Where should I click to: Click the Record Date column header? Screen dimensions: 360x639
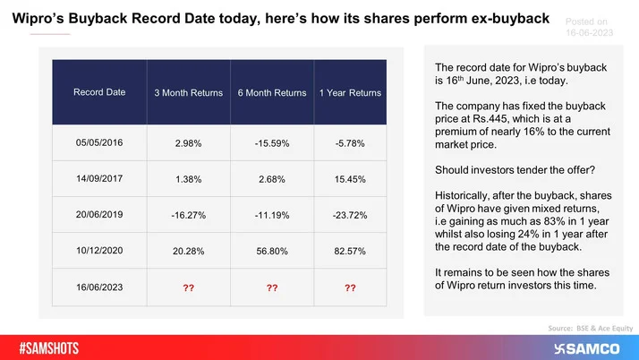(x=100, y=92)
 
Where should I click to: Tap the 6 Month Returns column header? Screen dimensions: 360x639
(x=272, y=92)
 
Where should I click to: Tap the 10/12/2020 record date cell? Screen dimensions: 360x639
(x=100, y=252)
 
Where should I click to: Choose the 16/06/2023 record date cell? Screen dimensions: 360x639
(x=100, y=288)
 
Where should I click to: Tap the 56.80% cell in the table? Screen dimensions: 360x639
(x=272, y=252)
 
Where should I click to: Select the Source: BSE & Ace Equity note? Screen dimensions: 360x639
(x=585, y=328)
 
